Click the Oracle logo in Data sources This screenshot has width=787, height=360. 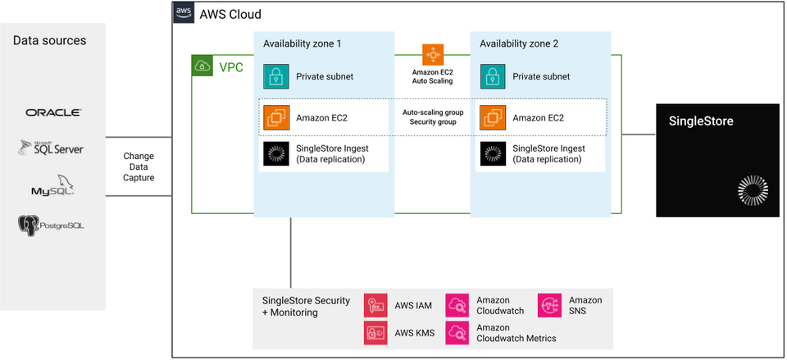53,112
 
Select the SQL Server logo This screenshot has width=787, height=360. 52,148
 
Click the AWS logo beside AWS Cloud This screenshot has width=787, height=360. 183,14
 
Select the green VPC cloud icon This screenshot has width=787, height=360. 202,66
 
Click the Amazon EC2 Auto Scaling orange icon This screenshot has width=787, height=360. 433,55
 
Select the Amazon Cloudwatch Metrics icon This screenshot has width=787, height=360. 457,332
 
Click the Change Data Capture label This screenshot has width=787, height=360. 138,166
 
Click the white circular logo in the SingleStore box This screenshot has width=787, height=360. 752,189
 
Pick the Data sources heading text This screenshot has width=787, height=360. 49,40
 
